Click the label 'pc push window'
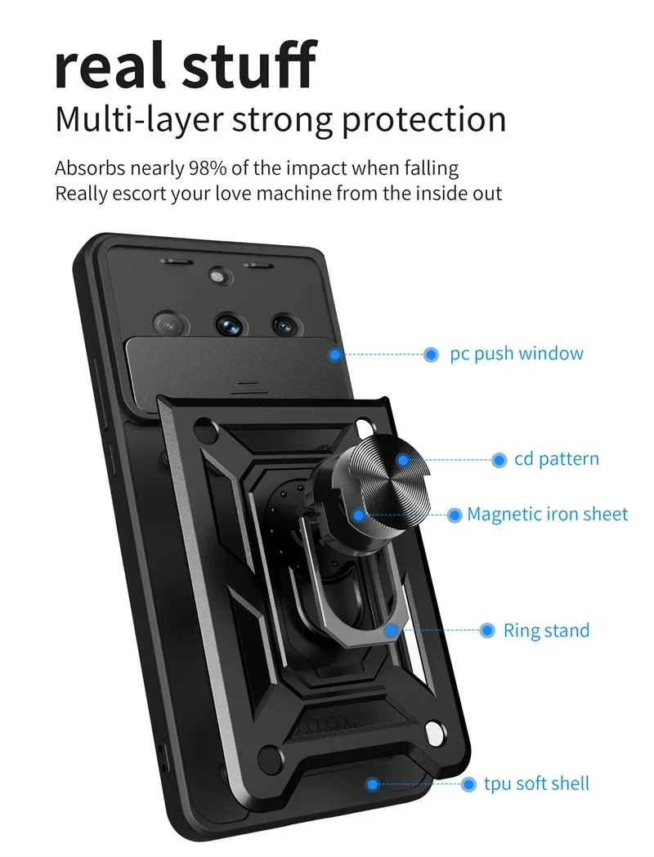(x=517, y=354)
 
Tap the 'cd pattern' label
(x=557, y=459)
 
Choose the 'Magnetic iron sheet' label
(x=547, y=514)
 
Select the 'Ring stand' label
(x=546, y=630)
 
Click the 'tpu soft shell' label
(x=536, y=783)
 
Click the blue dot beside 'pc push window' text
(x=431, y=355)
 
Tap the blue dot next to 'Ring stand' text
(x=487, y=630)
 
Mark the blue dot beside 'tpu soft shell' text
(x=468, y=784)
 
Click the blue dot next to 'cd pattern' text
(x=499, y=460)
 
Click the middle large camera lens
(x=229, y=324)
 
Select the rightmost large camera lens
(x=284, y=324)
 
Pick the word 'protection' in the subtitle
(x=423, y=119)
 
